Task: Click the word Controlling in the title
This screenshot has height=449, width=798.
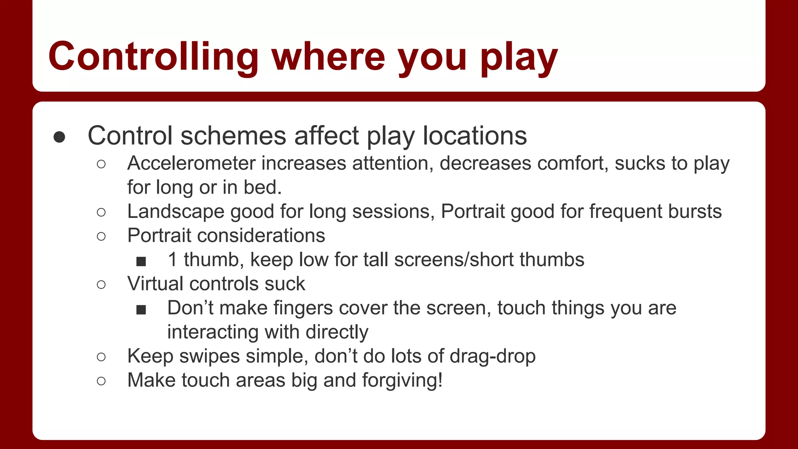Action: [x=153, y=57]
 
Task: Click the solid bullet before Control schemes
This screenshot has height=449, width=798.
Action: [x=59, y=137]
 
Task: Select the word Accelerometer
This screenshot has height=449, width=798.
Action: [x=191, y=163]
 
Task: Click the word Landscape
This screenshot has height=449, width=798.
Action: [x=175, y=212]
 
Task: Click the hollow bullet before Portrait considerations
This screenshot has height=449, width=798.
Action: [x=101, y=236]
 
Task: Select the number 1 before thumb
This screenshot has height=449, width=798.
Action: [x=173, y=260]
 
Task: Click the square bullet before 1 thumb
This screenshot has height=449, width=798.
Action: [x=141, y=261]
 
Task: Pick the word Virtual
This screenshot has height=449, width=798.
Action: [x=155, y=284]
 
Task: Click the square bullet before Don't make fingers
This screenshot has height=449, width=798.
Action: [x=141, y=310]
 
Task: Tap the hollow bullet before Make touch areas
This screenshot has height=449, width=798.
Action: [x=101, y=381]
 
